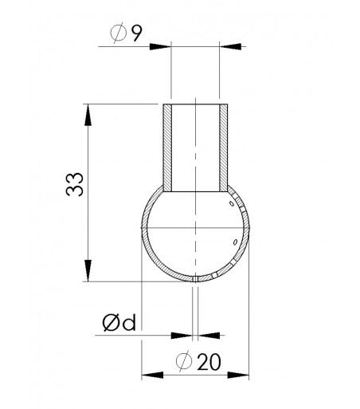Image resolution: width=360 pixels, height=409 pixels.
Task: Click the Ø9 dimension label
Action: coord(126,33)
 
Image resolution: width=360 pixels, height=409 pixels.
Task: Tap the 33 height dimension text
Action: coord(75,184)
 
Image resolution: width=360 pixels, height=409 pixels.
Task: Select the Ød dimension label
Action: coord(119,322)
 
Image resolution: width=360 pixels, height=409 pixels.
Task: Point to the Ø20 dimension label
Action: coord(198,361)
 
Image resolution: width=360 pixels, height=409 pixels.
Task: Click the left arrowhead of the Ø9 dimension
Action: coord(160,46)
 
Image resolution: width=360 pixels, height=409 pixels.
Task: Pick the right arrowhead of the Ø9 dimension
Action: coord(230,46)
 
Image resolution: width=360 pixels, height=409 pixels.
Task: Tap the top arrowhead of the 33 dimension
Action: coord(88,115)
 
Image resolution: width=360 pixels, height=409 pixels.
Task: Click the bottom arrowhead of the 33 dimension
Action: coord(88,270)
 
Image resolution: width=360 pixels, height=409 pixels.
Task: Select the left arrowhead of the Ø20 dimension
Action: coord(152,375)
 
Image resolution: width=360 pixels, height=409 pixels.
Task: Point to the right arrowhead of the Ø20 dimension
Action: coord(238,375)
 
